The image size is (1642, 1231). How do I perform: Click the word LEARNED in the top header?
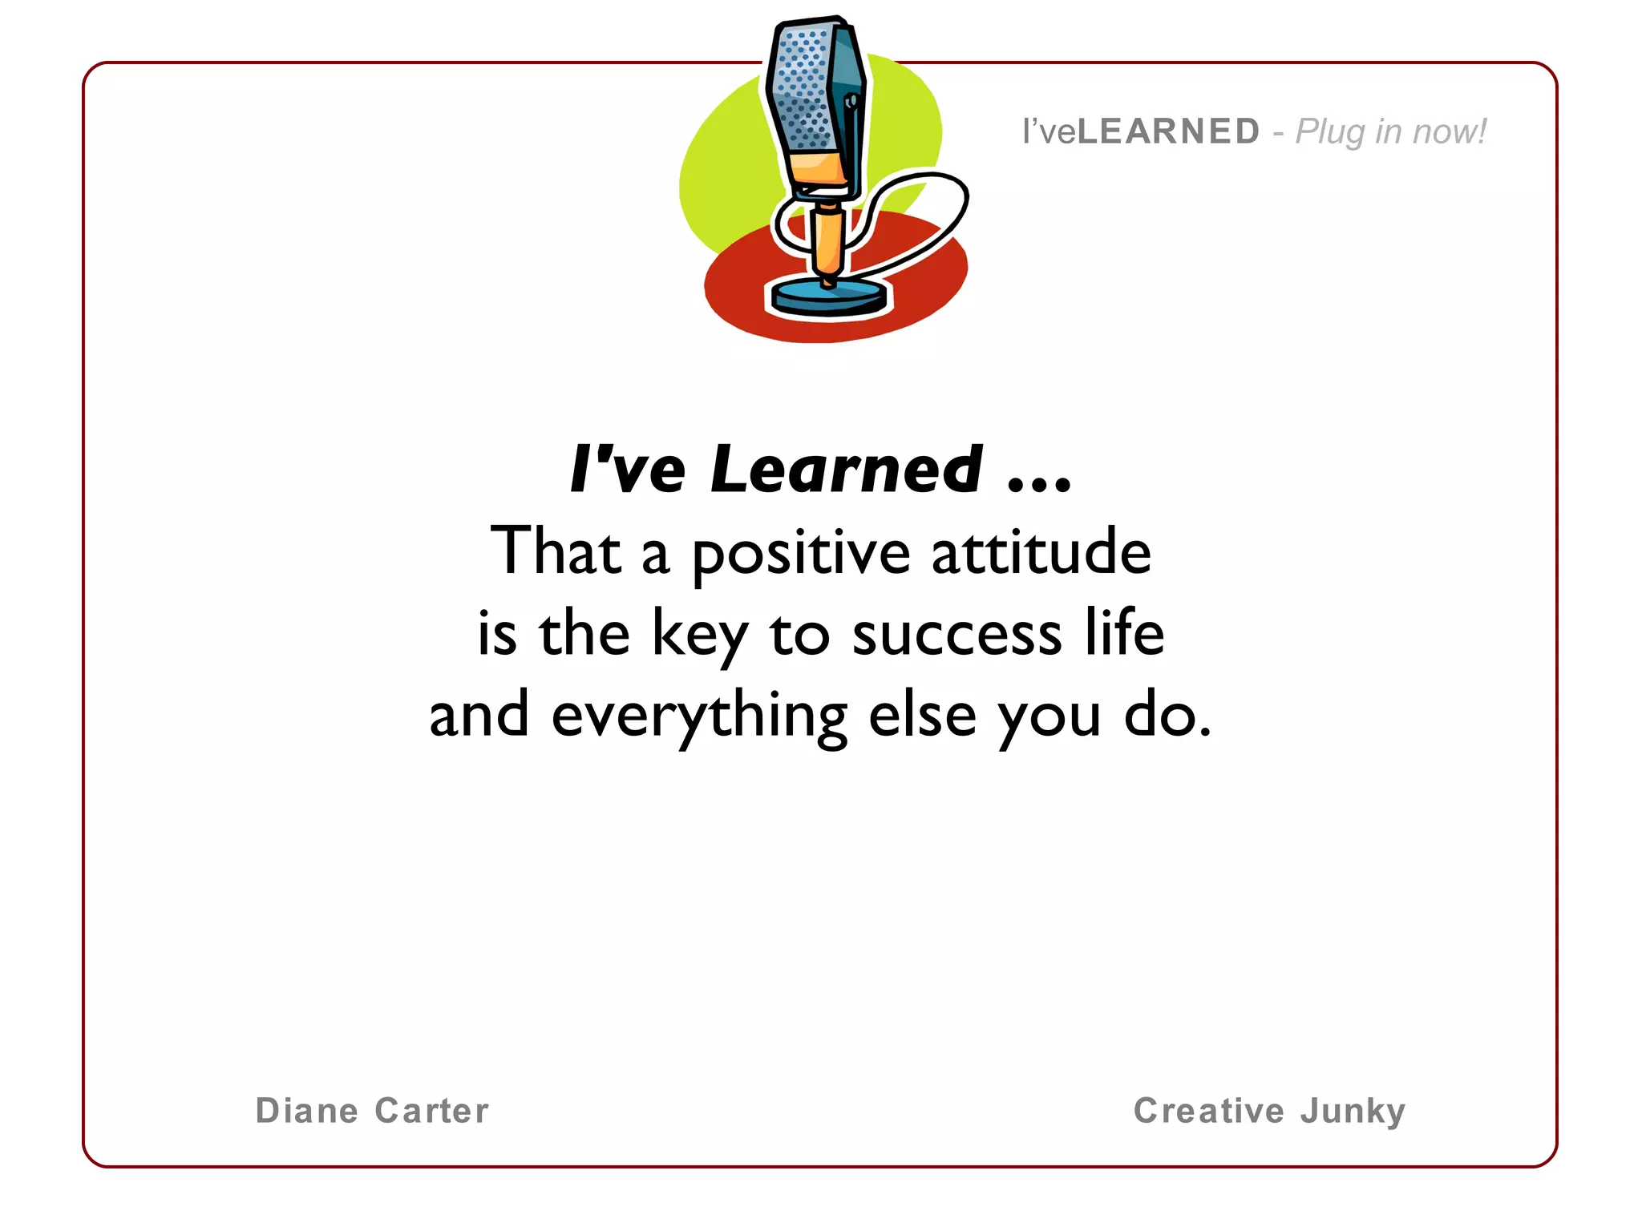[1168, 131]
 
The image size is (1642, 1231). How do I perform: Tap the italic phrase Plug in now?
[1391, 131]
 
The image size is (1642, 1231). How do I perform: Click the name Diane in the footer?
[306, 1111]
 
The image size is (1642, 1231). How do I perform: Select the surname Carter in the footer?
[431, 1111]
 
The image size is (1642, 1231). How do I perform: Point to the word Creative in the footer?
[1208, 1111]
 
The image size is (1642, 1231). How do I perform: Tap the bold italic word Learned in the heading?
[846, 470]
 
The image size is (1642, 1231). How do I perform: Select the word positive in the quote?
[800, 553]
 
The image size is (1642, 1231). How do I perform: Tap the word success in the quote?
[956, 636]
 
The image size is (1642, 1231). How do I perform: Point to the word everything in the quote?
[699, 717]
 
